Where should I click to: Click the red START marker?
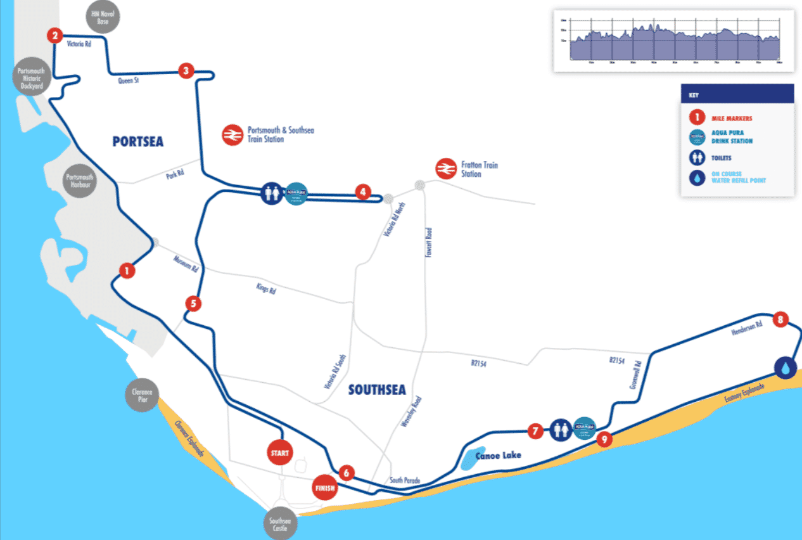[280, 453]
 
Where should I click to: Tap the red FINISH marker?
[326, 488]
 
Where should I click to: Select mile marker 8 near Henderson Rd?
[780, 319]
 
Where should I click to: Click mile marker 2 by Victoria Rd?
[56, 35]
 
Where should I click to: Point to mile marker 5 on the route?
[194, 304]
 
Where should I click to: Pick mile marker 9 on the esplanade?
[604, 439]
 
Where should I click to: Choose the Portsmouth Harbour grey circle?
[80, 181]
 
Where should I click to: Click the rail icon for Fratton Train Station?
[446, 169]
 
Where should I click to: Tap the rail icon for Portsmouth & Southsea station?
[232, 134]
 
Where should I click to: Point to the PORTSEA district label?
[138, 141]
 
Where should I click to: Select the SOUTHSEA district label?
[377, 390]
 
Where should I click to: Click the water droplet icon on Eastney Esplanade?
[786, 367]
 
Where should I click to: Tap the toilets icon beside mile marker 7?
[560, 429]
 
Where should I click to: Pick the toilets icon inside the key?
[697, 158]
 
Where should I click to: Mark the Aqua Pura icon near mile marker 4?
[296, 192]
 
